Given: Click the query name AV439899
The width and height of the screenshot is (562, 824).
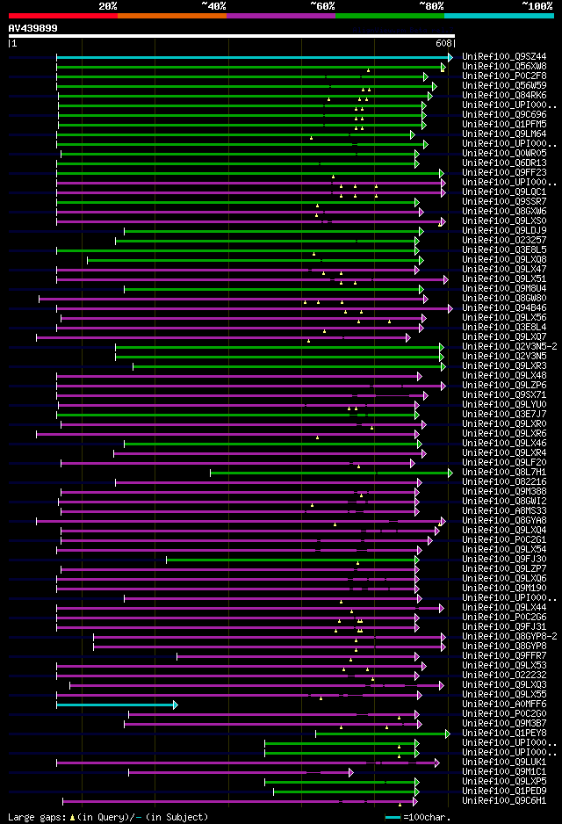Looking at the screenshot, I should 33,28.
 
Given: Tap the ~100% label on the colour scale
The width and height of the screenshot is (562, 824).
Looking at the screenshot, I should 537,5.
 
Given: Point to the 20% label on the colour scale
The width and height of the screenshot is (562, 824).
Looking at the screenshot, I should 108,5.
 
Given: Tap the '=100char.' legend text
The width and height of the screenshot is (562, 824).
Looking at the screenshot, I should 430,817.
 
